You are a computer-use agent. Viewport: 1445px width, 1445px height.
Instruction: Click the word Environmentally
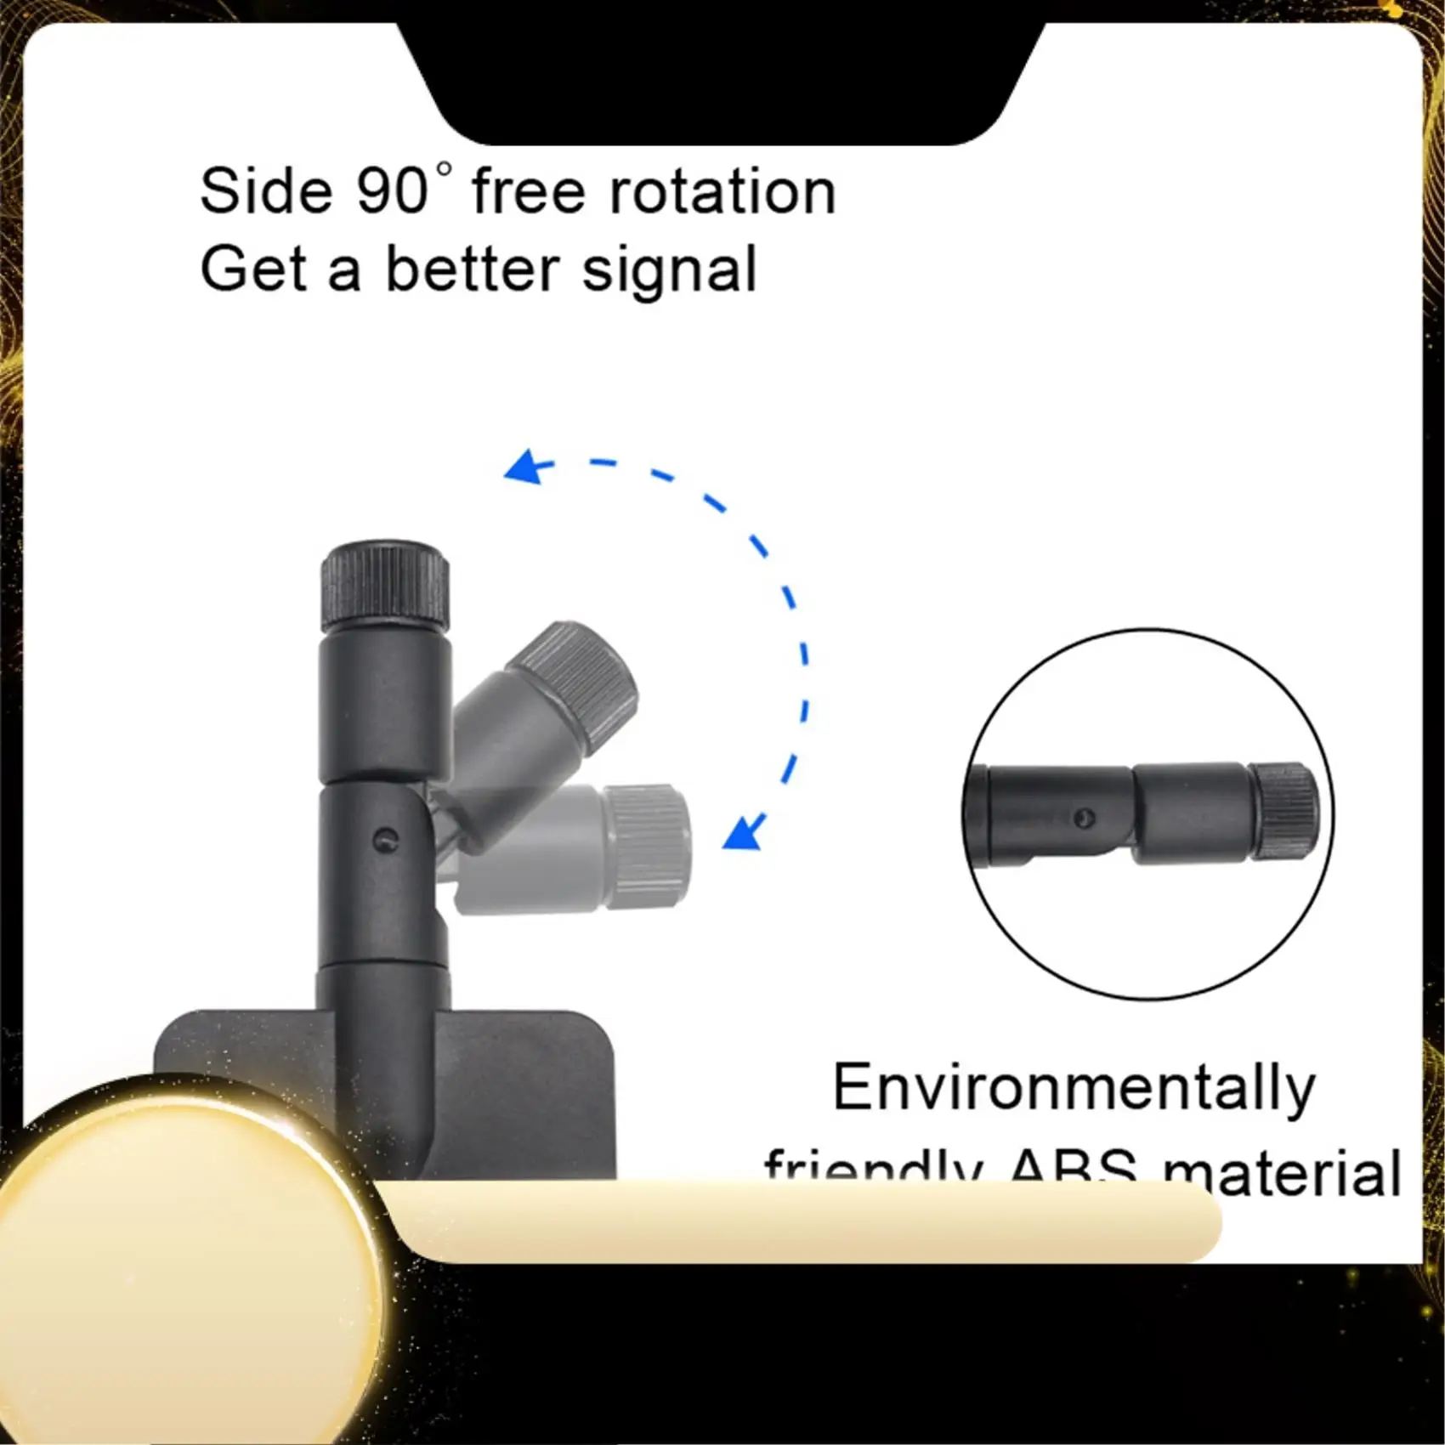tap(1074, 1089)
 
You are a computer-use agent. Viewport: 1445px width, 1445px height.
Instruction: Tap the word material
tap(1281, 1173)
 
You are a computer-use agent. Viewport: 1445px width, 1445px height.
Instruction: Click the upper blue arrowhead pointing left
tap(524, 468)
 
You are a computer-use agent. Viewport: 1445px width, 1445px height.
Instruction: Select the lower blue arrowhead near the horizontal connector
tap(743, 833)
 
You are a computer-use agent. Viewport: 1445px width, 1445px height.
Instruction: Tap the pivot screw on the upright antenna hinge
tap(387, 840)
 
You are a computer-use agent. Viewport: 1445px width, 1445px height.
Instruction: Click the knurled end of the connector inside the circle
tap(1284, 813)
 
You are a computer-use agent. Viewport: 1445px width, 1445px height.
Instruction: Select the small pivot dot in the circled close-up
tap(1085, 819)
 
